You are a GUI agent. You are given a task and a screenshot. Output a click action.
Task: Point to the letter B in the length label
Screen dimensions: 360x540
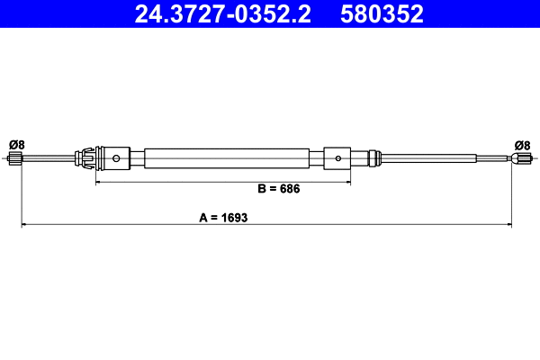pyautogui.click(x=261, y=190)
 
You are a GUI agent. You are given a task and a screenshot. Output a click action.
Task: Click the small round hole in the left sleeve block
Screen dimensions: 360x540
pyautogui.click(x=116, y=159)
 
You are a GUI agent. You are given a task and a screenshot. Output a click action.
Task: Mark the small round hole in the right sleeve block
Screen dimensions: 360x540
pyautogui.click(x=337, y=159)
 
